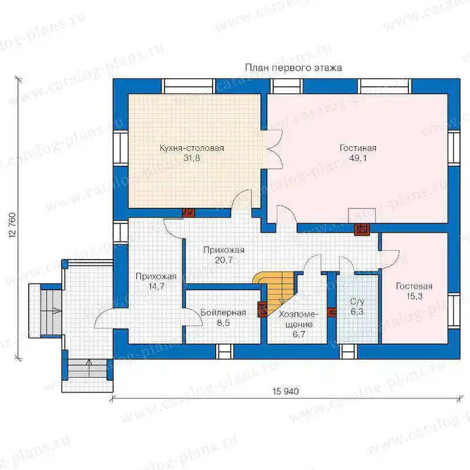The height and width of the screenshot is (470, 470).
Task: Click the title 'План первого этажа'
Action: (x=293, y=68)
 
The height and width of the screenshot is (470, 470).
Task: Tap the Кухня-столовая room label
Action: (x=192, y=148)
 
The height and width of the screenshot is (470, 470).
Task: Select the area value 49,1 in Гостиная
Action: (x=358, y=158)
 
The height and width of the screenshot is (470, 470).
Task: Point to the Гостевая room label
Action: (x=414, y=286)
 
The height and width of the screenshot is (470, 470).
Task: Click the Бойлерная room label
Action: (x=223, y=313)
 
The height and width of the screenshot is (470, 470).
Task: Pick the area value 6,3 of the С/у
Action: (x=357, y=311)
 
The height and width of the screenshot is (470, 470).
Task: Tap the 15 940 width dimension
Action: (x=286, y=391)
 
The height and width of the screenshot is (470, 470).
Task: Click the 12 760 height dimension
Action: (x=12, y=226)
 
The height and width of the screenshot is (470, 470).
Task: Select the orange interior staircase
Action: (x=275, y=291)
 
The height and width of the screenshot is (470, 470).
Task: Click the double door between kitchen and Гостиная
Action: (x=275, y=149)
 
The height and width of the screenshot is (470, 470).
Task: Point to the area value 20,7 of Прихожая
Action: (x=224, y=260)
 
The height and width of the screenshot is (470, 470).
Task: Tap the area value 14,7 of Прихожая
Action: (x=156, y=286)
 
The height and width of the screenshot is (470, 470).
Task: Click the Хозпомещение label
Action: (x=298, y=324)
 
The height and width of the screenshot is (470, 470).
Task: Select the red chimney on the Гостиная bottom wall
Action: (x=362, y=230)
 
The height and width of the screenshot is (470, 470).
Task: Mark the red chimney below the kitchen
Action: (x=189, y=213)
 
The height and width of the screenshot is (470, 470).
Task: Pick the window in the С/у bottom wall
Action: (x=348, y=351)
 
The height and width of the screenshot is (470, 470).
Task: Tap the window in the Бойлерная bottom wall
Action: (x=225, y=351)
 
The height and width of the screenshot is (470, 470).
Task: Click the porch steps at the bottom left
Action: (x=88, y=370)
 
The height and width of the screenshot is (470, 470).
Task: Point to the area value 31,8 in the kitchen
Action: (x=192, y=158)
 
